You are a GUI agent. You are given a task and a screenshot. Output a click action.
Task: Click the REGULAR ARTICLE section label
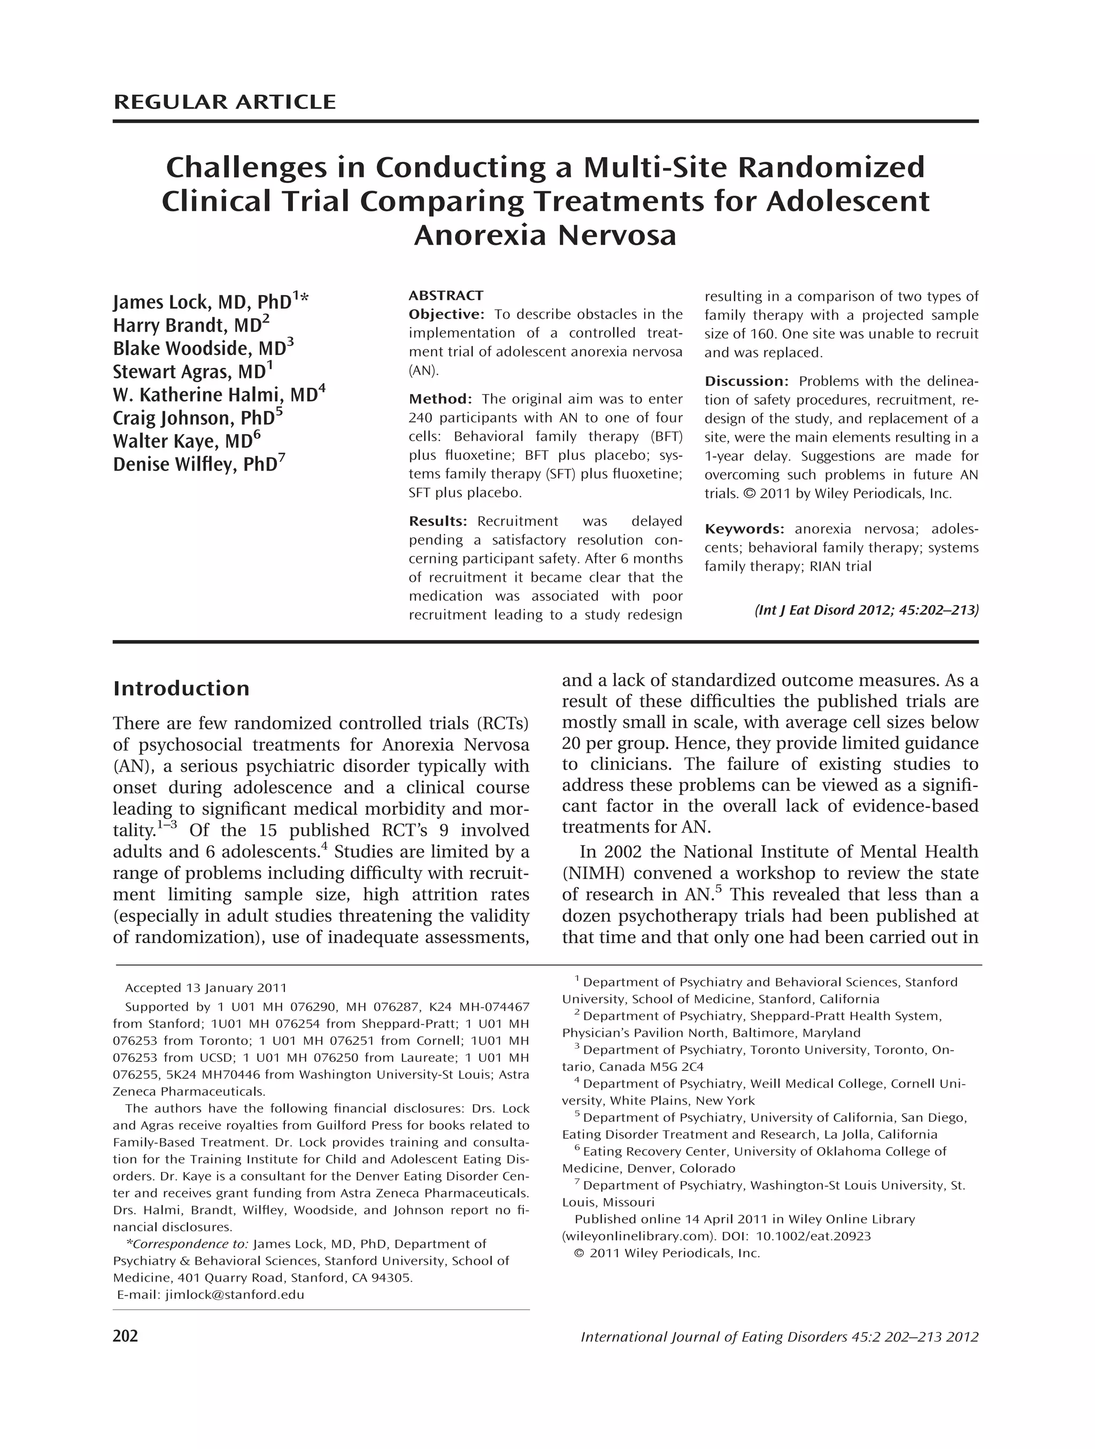(224, 102)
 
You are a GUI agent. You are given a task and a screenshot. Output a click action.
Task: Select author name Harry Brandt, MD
(187, 326)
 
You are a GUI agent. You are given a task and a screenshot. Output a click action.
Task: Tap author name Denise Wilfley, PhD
(195, 465)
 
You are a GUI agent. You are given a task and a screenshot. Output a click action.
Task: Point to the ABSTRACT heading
(445, 296)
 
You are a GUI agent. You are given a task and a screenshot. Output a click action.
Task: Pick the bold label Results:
(437, 521)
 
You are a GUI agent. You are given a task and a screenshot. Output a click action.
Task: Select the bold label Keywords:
(744, 529)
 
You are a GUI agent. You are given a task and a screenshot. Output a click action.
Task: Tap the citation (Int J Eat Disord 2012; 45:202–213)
(866, 611)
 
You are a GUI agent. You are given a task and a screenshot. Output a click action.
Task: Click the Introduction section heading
(181, 689)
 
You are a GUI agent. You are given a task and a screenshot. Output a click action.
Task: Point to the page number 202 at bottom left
(125, 1336)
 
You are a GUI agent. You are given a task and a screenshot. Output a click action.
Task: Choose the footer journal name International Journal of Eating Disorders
(714, 1337)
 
